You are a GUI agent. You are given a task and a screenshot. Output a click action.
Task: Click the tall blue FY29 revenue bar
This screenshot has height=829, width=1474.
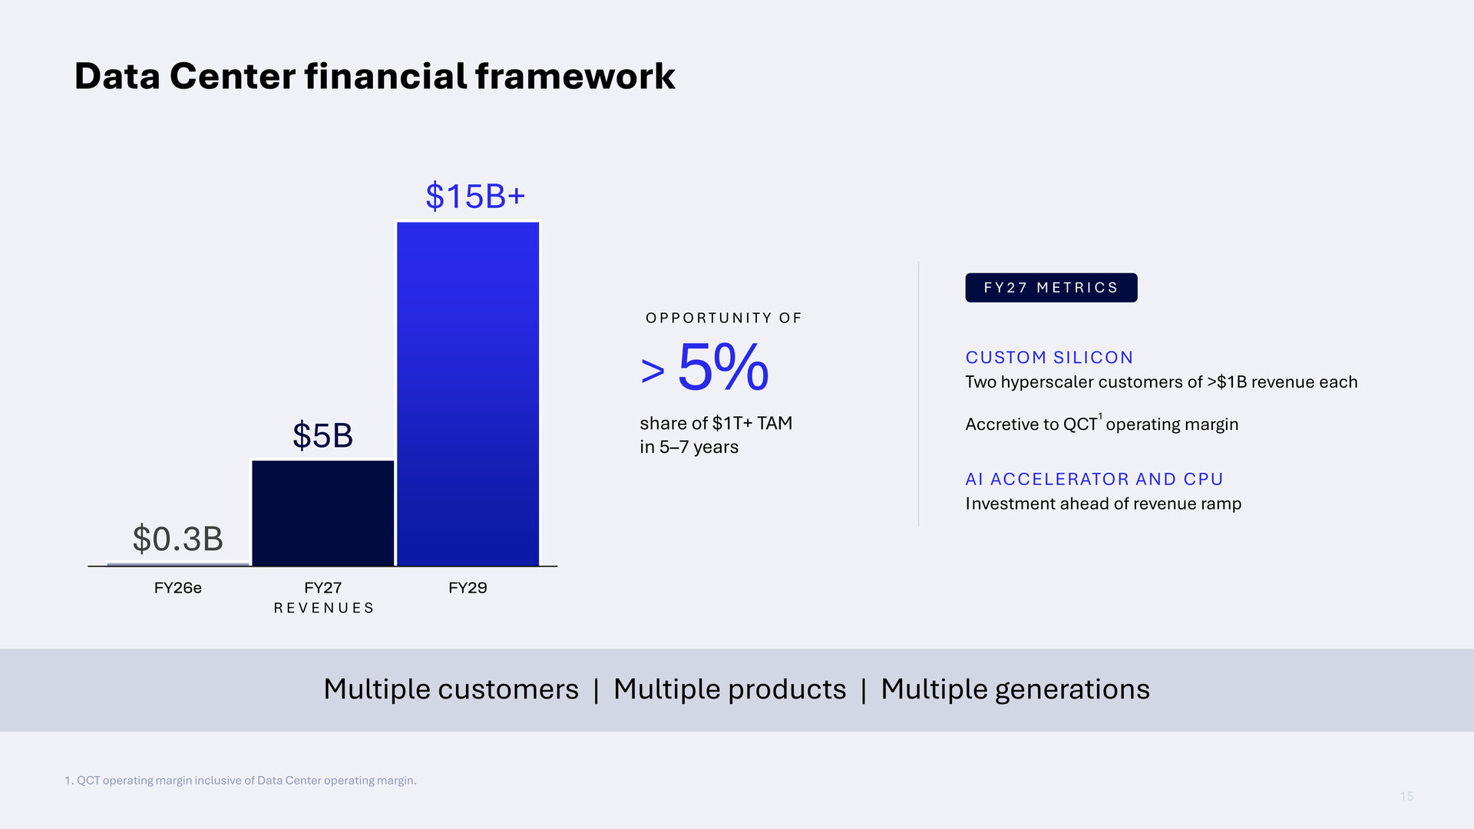pos(468,394)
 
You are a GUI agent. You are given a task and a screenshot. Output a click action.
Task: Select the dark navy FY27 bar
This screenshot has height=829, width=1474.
pos(323,514)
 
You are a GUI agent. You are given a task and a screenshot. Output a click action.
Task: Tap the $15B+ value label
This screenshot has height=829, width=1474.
pos(475,196)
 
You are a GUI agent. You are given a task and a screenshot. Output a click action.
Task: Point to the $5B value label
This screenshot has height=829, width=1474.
pos(322,435)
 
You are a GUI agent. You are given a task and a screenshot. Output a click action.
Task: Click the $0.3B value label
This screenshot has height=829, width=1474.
pos(177,539)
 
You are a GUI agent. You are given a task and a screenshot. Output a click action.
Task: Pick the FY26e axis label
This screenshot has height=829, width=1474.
pos(177,588)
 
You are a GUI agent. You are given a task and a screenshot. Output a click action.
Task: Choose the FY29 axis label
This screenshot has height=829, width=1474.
pos(468,588)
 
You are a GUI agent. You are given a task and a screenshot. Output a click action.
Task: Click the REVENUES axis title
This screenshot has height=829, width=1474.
pos(324,608)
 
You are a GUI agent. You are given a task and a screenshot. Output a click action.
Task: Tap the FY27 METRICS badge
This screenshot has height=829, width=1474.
pos(1051,288)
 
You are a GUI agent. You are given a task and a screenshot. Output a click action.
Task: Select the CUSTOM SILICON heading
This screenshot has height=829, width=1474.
pos(1049,358)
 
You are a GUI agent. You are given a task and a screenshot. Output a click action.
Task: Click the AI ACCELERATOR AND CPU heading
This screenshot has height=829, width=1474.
pos(1094,479)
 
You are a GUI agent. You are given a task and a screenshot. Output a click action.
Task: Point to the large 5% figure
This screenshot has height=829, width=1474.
pos(723,367)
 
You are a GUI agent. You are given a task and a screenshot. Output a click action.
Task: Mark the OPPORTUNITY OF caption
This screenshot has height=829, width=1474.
pos(723,318)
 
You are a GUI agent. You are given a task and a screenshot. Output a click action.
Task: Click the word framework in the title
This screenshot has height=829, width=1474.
pos(575,76)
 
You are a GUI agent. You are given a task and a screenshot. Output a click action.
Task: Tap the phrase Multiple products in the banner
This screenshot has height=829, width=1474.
pos(729,689)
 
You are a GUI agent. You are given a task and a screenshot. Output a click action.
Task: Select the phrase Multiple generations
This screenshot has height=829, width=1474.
pos(1015,689)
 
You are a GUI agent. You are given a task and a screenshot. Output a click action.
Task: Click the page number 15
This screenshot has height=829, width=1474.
pos(1406,797)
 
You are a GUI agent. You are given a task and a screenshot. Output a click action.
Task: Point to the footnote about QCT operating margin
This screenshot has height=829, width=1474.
pos(240,781)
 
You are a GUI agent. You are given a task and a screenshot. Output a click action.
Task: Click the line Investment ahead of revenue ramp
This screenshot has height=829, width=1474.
pos(1103,504)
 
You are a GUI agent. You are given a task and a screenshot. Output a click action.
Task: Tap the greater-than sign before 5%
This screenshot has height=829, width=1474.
pos(653,372)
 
